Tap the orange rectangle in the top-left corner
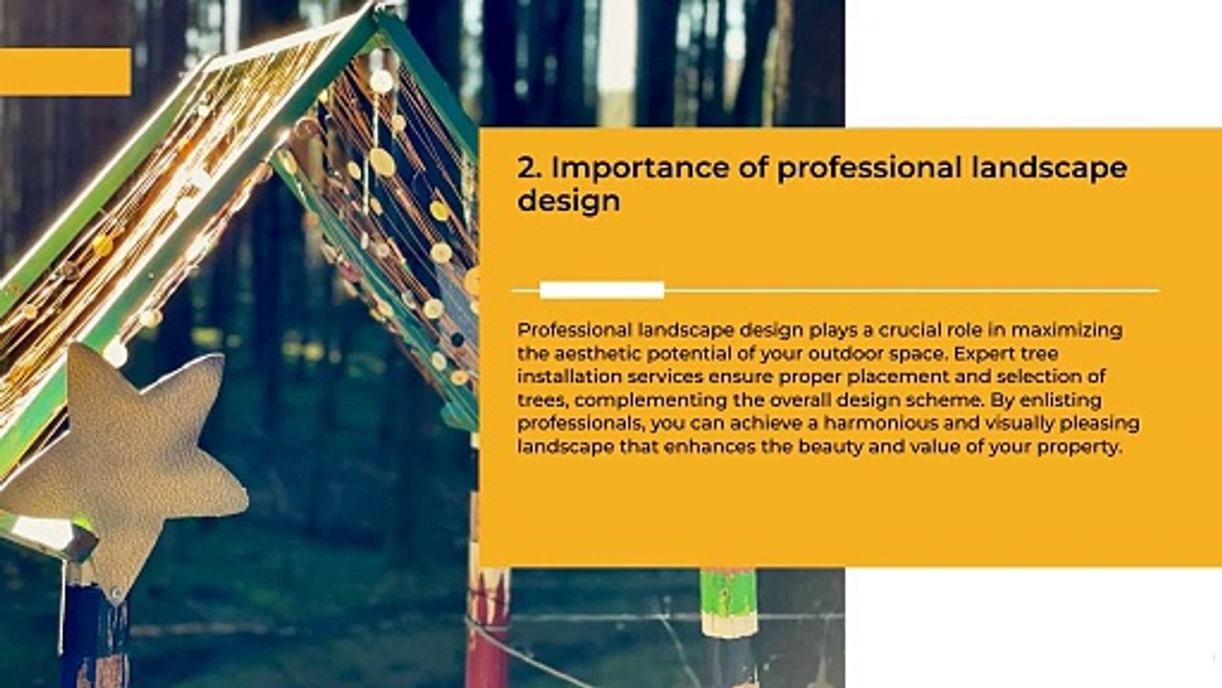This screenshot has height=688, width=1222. click(65, 72)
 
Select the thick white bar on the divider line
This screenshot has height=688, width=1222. click(601, 290)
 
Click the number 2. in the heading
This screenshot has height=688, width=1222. click(530, 168)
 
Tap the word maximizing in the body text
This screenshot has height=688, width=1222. click(1065, 331)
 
